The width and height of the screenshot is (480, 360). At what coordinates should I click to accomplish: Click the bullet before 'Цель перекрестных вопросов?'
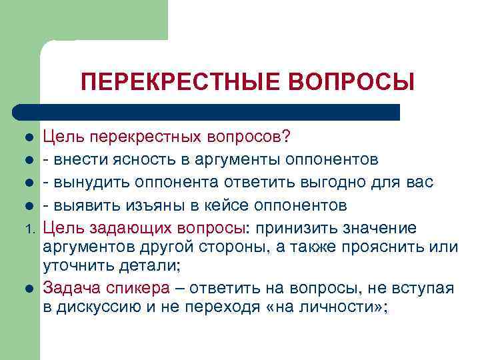[x=29, y=138]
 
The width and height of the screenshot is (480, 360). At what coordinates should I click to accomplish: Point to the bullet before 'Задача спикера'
[x=29, y=289]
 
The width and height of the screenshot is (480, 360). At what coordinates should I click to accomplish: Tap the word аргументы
[x=226, y=160]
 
